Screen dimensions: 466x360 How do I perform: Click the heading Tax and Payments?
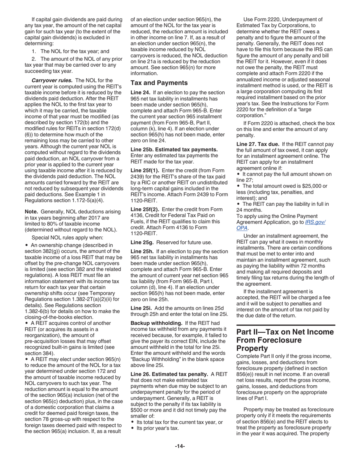click(159, 83)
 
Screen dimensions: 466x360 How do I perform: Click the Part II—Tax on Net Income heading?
click(285, 340)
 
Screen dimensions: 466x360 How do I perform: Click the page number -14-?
click(180, 446)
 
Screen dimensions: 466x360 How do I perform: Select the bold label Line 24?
click(140, 92)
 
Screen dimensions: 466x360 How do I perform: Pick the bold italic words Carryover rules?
click(52, 80)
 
